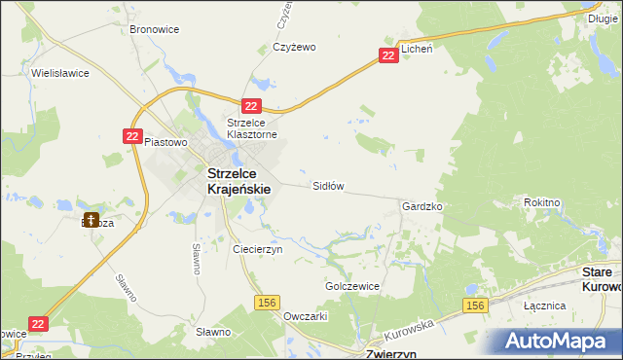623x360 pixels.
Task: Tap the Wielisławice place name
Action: click(60, 73)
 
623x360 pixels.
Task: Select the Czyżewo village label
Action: click(294, 47)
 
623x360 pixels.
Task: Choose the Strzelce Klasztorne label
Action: click(253, 128)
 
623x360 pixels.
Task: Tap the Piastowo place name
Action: click(165, 142)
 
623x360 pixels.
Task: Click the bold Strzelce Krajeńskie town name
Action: click(244, 181)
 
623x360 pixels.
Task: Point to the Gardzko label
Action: click(422, 207)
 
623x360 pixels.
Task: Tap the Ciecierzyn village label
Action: click(258, 249)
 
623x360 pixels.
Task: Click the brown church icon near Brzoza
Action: click(92, 221)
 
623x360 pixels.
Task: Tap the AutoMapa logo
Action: click(562, 341)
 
